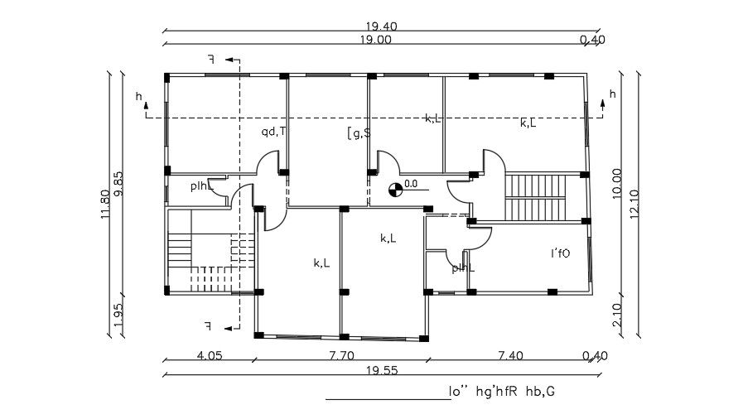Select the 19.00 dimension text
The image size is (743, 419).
[375, 39]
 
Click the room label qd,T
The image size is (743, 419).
[274, 132]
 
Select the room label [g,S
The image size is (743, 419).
[358, 132]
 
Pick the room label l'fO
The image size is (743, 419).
[561, 253]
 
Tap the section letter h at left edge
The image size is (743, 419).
[138, 97]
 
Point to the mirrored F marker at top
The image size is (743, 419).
[212, 60]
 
